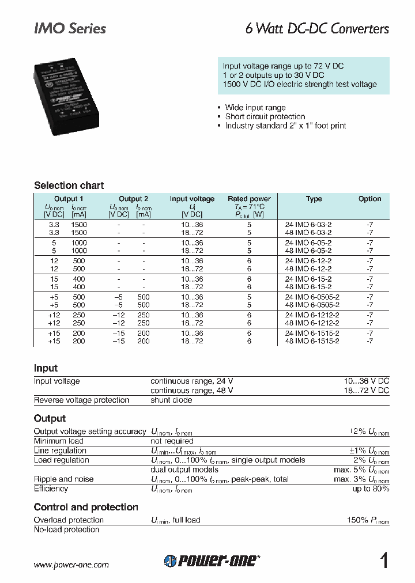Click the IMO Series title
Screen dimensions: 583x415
click(70, 28)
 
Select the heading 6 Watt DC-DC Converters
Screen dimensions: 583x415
click(318, 28)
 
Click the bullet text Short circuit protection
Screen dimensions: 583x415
click(265, 116)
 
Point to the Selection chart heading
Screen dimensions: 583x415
click(69, 185)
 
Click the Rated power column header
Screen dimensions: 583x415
click(249, 199)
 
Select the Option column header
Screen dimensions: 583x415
click(369, 199)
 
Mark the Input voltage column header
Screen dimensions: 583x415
click(192, 199)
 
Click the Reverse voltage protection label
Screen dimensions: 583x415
click(81, 400)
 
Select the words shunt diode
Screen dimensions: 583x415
click(171, 400)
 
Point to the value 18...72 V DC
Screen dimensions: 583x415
click(367, 391)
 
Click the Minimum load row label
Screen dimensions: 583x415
click(59, 441)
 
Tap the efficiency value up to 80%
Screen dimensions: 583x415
click(371, 489)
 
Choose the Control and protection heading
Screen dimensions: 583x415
click(86, 507)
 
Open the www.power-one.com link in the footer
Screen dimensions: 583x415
click(71, 565)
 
